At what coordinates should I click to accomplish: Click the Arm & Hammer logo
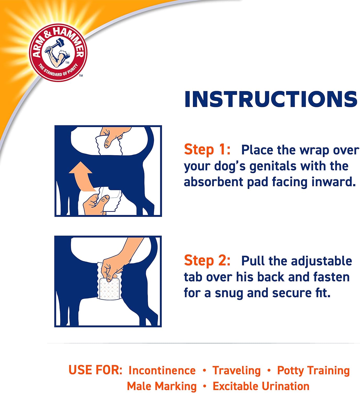pos(58,53)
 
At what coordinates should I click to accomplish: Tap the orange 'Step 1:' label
pos(207,150)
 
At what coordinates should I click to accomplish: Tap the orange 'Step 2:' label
pos(207,260)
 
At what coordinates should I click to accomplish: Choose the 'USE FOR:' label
pos(95,370)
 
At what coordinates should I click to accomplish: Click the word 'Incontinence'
pos(162,370)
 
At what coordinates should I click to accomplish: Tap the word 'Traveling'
pos(236,370)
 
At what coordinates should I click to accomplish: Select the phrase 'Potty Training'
pos(313,370)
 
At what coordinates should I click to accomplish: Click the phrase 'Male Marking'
pos(162,386)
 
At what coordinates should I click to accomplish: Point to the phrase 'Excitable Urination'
pos(261,386)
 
